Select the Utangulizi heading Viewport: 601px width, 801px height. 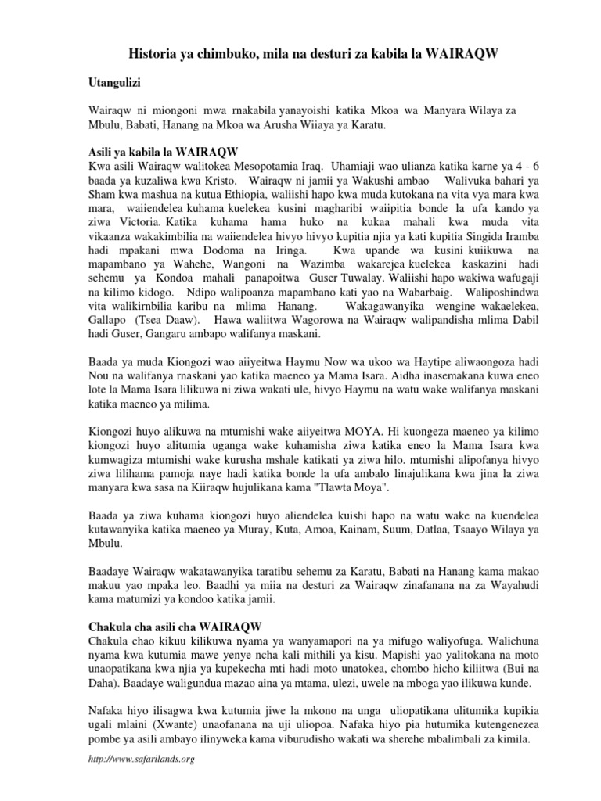click(116, 81)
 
